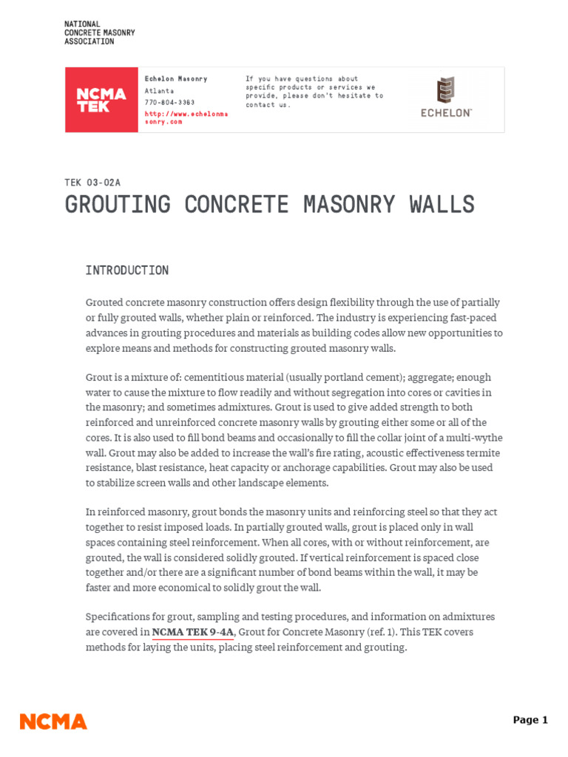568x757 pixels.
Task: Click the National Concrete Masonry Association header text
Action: (x=99, y=33)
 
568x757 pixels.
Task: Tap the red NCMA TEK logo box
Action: (x=101, y=100)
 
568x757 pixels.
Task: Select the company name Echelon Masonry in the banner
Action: (x=176, y=79)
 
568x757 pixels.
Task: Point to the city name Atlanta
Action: (x=159, y=91)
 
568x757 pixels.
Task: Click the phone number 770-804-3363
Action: (x=169, y=102)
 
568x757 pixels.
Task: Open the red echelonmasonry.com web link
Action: (x=186, y=118)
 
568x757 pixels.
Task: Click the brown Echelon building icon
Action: (x=445, y=90)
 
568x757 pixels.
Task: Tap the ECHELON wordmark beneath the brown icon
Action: (x=446, y=113)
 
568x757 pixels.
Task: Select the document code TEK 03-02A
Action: (x=92, y=183)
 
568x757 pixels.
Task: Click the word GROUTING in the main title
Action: (x=118, y=205)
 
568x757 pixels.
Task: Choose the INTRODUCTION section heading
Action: (x=126, y=271)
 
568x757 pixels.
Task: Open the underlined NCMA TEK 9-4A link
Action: (x=193, y=632)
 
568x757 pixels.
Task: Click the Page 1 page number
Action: (x=530, y=720)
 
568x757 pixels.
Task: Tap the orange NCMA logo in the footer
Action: (x=53, y=722)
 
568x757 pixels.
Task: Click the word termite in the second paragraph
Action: (x=480, y=453)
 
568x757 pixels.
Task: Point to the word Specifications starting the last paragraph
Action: (x=117, y=617)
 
